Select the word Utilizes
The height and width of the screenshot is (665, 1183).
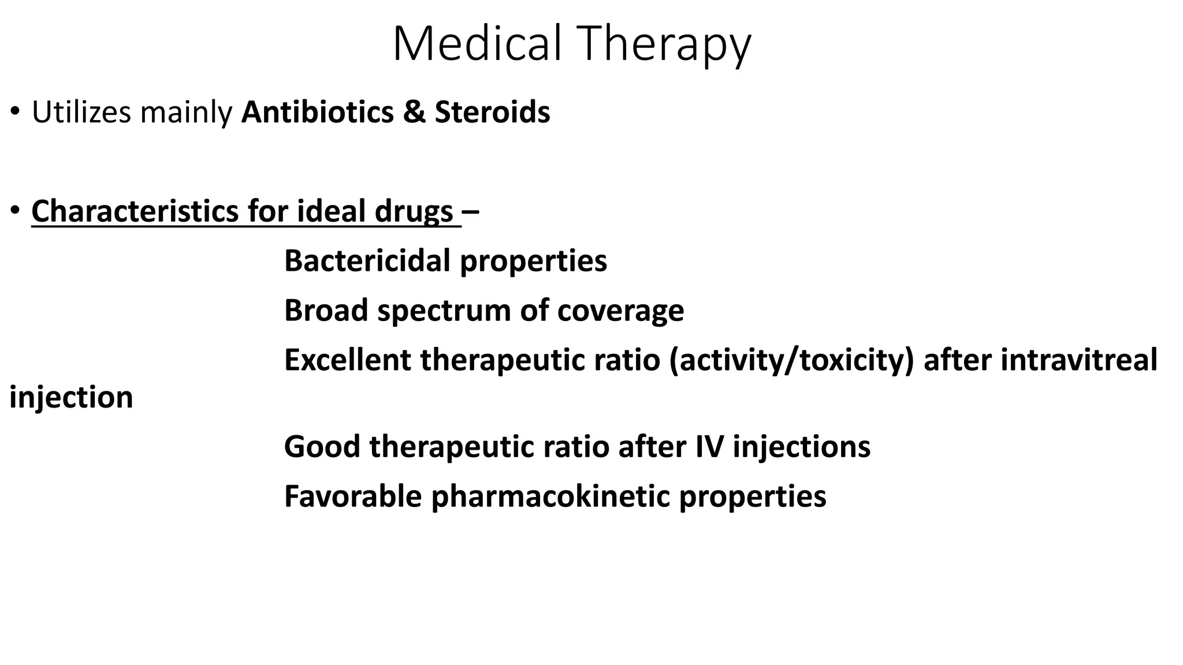coord(81,112)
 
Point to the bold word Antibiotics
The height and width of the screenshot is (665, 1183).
coord(317,112)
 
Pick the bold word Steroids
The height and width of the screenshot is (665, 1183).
coord(492,112)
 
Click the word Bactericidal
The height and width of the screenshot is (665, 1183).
coord(368,261)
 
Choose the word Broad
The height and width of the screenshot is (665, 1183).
coord(326,311)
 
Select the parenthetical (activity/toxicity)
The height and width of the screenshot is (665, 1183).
coord(792,360)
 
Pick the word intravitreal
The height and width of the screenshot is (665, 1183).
coord(1078,360)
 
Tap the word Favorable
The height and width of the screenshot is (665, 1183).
coord(353,496)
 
